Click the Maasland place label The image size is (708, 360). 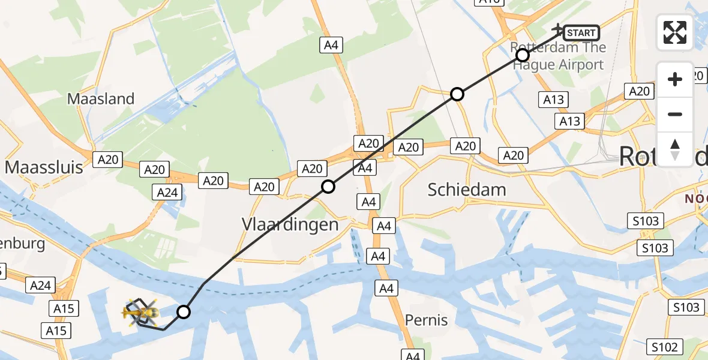click(x=101, y=99)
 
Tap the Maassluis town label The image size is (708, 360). click(x=44, y=167)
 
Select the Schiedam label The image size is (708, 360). click(x=467, y=190)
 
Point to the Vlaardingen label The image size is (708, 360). click(x=290, y=224)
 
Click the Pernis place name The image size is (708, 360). click(x=427, y=320)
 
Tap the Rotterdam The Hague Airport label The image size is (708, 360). click(x=558, y=56)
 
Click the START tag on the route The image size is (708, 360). click(x=581, y=33)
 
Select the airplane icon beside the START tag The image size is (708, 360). click(x=558, y=29)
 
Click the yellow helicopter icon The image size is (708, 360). click(x=140, y=312)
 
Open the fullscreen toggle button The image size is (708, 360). click(x=675, y=32)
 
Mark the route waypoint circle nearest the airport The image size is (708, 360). click(x=523, y=56)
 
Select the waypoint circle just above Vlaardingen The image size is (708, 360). click(x=328, y=187)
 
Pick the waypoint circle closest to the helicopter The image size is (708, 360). click(x=184, y=312)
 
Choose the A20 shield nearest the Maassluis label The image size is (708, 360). click(x=107, y=160)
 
